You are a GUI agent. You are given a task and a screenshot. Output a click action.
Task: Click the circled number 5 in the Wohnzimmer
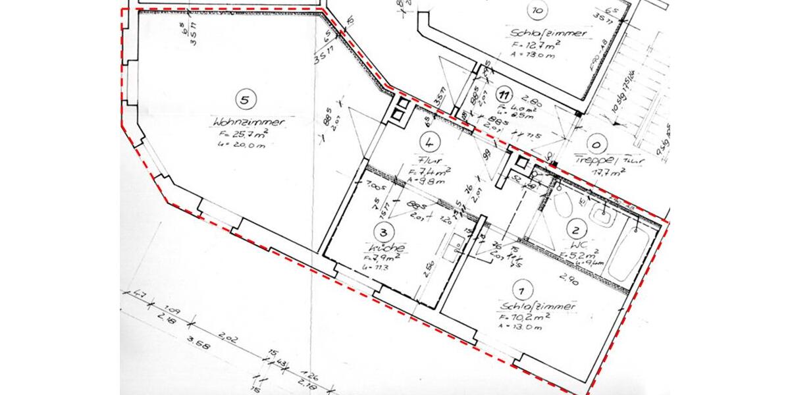click(244, 100)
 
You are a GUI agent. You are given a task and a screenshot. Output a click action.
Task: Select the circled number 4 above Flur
click(429, 142)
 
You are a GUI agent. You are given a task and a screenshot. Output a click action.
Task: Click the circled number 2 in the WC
click(576, 230)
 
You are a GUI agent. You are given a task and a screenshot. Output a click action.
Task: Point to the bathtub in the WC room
click(631, 253)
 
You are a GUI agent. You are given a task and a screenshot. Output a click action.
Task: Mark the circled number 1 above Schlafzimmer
click(521, 290)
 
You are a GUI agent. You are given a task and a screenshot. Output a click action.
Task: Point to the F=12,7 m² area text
click(536, 45)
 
